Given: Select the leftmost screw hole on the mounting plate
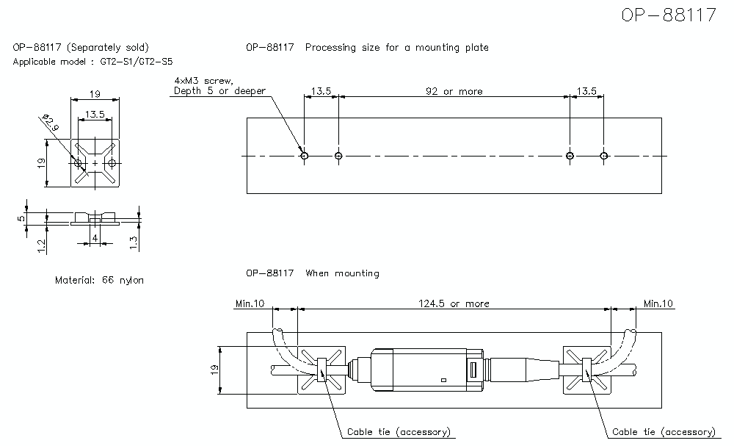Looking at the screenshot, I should [x=304, y=155].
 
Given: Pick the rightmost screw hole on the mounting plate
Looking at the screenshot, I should [x=603, y=155].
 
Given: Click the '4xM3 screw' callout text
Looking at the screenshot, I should [x=203, y=80].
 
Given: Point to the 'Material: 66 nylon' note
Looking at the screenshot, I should [x=100, y=280].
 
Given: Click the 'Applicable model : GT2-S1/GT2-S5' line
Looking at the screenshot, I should [x=93, y=62].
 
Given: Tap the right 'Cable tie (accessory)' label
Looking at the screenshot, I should [x=664, y=432].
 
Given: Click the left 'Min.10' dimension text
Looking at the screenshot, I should [x=250, y=303].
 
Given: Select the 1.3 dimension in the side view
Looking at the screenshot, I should [x=134, y=242].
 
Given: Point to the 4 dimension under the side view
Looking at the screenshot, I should [x=95, y=237].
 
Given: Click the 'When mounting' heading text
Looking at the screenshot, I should [x=342, y=273].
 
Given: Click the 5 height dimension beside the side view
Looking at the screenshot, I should [x=22, y=216].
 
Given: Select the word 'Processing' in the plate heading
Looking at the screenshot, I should [x=331, y=48].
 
